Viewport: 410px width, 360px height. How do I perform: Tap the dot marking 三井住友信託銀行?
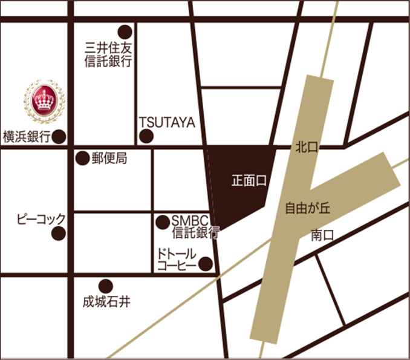click(x=125, y=31)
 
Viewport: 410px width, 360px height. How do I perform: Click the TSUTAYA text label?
click(x=167, y=123)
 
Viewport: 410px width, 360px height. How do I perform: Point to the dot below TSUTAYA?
click(x=146, y=137)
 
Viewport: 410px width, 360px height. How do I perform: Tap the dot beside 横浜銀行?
click(x=59, y=137)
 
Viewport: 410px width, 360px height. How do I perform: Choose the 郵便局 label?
click(x=109, y=159)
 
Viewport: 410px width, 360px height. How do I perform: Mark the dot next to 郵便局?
click(x=82, y=159)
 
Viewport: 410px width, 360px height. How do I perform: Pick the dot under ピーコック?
click(x=59, y=234)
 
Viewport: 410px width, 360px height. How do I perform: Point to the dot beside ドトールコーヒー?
click(x=206, y=264)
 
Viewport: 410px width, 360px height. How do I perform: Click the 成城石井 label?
click(x=107, y=300)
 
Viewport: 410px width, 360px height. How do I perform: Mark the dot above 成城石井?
click(x=106, y=285)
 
